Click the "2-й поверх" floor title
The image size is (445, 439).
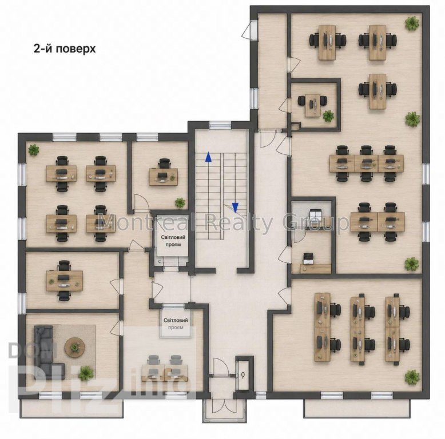click(x=65, y=49)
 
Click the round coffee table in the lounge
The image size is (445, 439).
click(x=74, y=347)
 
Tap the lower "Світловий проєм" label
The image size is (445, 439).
click(x=176, y=324)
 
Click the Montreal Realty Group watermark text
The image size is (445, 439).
click(x=223, y=221)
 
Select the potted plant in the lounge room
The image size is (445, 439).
click(x=85, y=373)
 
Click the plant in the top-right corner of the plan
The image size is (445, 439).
click(x=412, y=23)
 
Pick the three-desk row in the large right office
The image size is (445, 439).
click(x=367, y=163)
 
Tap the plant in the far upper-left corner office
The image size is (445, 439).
click(x=34, y=149)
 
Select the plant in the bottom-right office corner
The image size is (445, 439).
click(x=411, y=377)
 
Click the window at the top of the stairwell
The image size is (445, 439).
click(x=220, y=125)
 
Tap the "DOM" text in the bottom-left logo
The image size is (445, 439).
click(x=33, y=351)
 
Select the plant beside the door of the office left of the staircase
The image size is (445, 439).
click(x=180, y=202)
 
